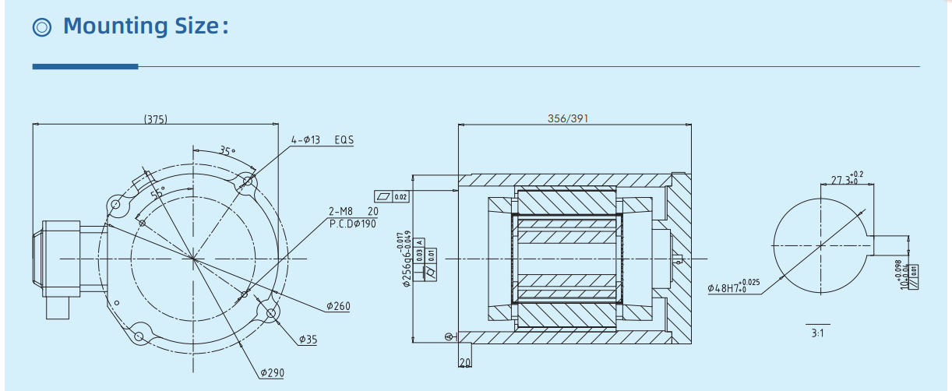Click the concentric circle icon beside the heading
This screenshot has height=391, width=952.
42,27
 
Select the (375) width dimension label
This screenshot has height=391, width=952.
156,119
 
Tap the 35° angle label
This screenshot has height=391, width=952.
226,151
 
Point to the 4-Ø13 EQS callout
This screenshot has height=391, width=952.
322,140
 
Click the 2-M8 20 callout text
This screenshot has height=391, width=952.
353,211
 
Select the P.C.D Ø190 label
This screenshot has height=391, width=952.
352,224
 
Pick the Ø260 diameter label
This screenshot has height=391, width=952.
337,306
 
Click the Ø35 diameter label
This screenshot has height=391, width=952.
310,340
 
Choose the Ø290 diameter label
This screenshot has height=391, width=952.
272,373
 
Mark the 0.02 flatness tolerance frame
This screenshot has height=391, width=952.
392,196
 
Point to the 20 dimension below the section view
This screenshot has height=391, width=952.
465,364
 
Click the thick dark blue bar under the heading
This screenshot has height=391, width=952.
85,67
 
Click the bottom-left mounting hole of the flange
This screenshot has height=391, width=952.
139,336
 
